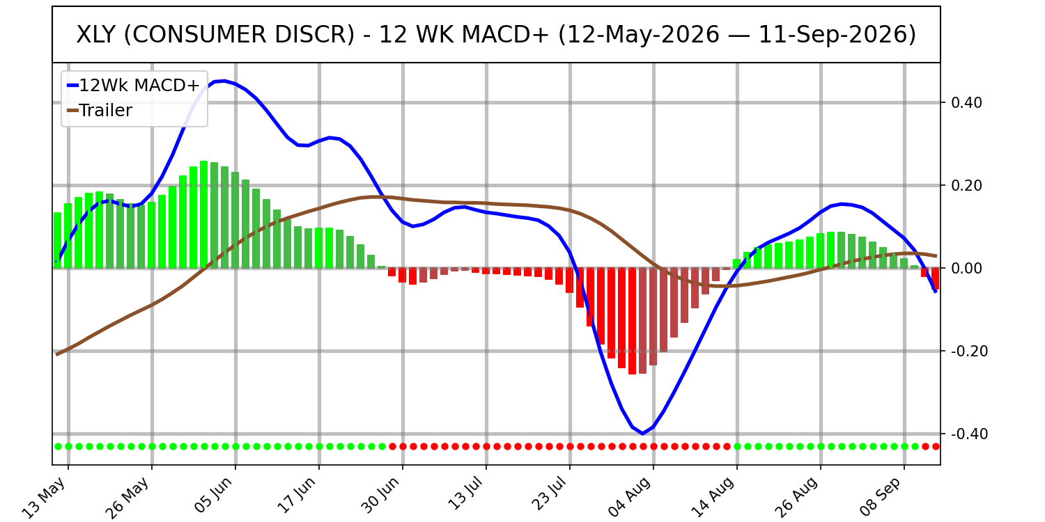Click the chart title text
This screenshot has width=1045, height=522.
pyautogui.click(x=496, y=35)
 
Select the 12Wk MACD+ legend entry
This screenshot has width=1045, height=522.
pyautogui.click(x=134, y=86)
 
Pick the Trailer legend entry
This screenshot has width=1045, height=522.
pyautogui.click(x=100, y=111)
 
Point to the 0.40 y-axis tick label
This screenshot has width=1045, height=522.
pyautogui.click(x=967, y=102)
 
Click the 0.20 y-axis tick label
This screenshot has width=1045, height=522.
pyautogui.click(x=967, y=186)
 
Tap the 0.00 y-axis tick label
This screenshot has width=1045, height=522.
pyautogui.click(x=967, y=269)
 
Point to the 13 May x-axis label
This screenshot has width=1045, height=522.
pyautogui.click(x=45, y=497)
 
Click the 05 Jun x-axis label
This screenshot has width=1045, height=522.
pyautogui.click(x=213, y=496)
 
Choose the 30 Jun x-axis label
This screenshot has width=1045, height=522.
pyautogui.click(x=380, y=496)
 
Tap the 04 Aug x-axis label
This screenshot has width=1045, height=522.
pyautogui.click(x=630, y=497)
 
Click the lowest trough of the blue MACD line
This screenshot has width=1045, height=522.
pyautogui.click(x=643, y=434)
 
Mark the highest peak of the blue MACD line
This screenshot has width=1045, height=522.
pyautogui.click(x=224, y=81)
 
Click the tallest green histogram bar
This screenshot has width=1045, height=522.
pyautogui.click(x=204, y=214)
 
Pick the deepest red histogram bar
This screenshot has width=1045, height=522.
pyautogui.click(x=632, y=321)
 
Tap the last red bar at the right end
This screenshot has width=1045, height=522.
pyautogui.click(x=935, y=278)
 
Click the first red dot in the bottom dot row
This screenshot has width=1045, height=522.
pyautogui.click(x=392, y=447)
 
